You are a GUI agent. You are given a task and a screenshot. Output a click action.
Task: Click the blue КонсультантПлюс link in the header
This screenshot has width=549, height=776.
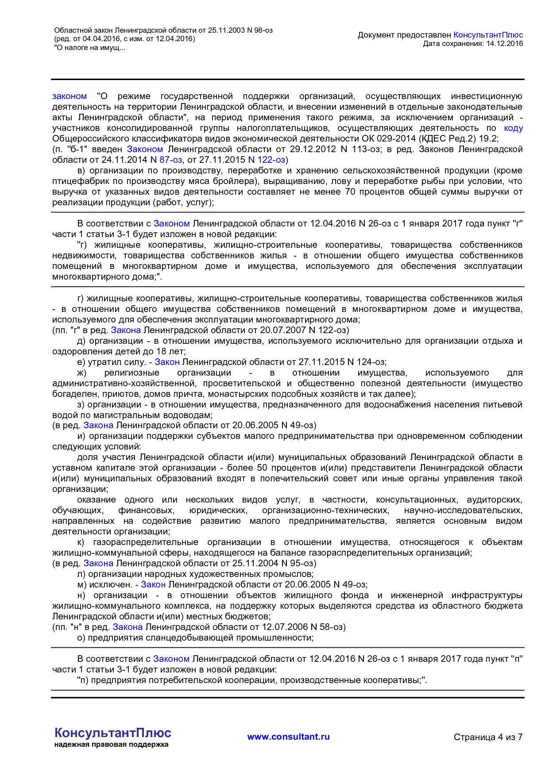tap(488, 35)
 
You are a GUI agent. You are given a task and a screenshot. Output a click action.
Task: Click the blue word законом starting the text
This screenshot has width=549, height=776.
tap(70, 96)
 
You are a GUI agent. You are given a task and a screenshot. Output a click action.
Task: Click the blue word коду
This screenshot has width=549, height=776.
tap(513, 128)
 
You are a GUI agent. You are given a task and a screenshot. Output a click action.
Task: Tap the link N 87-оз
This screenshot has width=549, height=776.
tap(166, 160)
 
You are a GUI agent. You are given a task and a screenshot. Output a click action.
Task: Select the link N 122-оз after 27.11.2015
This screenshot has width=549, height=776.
tap(267, 160)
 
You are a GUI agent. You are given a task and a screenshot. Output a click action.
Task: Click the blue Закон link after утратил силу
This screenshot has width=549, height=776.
tap(167, 362)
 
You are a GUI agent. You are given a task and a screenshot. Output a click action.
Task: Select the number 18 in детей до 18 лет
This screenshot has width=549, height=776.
tap(165, 351)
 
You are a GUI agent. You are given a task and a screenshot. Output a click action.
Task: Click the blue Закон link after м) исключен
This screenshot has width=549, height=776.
tap(153, 584)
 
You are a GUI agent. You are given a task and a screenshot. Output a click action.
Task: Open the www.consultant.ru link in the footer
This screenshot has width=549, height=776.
tap(288, 737)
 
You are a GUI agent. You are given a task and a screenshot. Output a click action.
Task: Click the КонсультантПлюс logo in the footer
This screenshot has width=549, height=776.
tap(112, 733)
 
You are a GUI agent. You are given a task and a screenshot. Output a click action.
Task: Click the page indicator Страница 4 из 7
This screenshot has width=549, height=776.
tap(488, 737)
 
